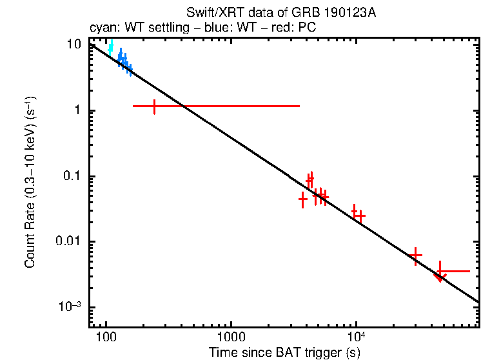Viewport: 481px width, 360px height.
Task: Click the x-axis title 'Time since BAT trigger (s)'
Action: coord(284,352)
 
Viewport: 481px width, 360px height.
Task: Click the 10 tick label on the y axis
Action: coord(75,45)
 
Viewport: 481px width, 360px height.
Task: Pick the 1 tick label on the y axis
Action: coord(79,110)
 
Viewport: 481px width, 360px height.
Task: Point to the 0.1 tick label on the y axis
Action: coord(73,176)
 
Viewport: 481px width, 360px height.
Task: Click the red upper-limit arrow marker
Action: coord(440,276)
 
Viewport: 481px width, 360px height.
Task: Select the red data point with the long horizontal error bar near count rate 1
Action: coord(155,106)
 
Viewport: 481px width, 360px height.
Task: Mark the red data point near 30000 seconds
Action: coord(416,255)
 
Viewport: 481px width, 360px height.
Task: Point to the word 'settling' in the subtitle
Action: coord(161,29)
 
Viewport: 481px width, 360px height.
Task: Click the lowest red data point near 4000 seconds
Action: coord(303,199)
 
